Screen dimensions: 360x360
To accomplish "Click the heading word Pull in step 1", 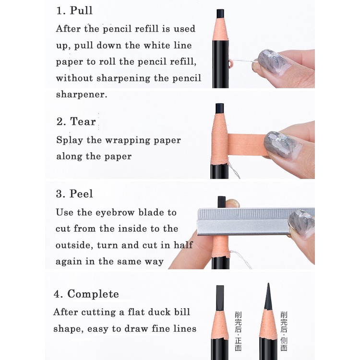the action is coord(81,11).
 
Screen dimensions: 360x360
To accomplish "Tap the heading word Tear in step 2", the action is coord(83,121).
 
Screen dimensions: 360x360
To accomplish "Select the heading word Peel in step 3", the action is coord(81,193).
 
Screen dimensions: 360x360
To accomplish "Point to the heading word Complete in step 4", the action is coord(93,294).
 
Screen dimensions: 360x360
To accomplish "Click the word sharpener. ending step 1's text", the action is coord(82,95).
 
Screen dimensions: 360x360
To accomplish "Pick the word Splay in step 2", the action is coord(70,140).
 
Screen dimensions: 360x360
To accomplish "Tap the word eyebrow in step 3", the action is coord(115,212).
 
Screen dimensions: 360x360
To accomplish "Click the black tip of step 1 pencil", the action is coord(220,13).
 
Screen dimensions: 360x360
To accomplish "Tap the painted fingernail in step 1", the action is coord(273,62).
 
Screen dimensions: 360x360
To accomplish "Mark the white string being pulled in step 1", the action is coord(243,61).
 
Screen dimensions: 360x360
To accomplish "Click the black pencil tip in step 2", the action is coord(220,108).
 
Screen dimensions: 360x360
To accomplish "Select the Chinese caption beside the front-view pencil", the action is coord(238,331).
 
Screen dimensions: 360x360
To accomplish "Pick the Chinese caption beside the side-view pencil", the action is coord(284,331).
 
